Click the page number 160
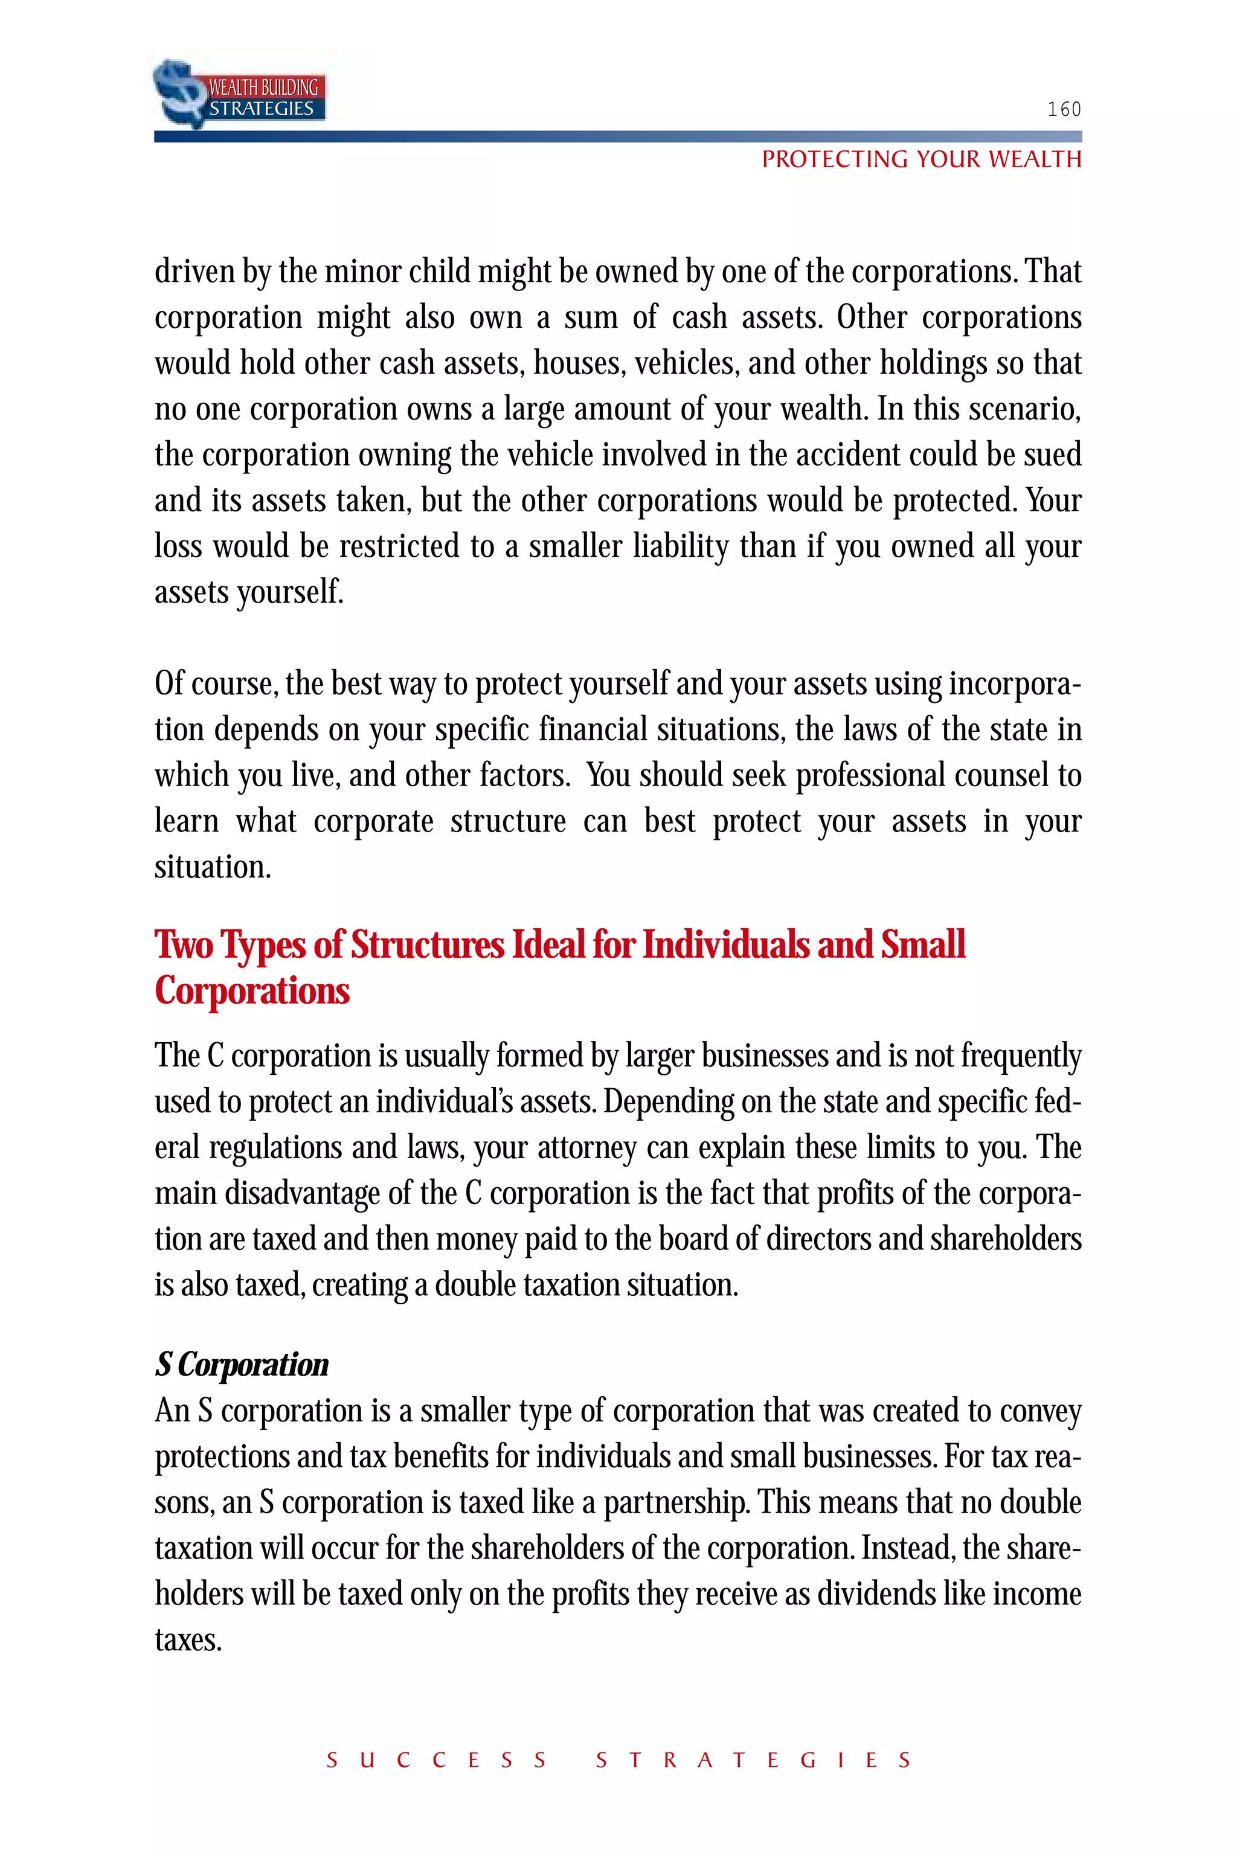coord(1064,110)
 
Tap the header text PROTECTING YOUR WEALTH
coord(921,159)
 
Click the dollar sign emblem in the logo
coord(178,92)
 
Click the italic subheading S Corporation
coord(242,1365)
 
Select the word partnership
coord(676,1503)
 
